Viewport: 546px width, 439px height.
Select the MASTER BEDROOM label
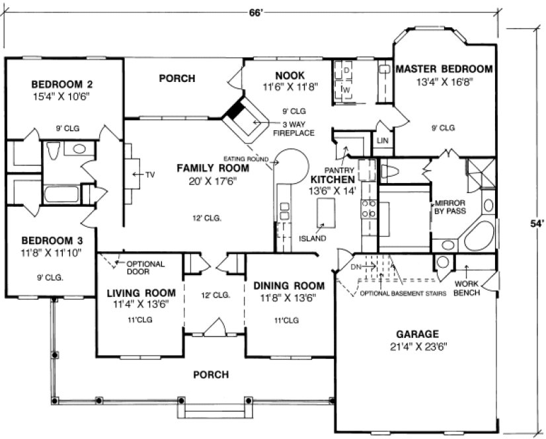(444, 69)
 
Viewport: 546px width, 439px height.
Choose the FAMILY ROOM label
(212, 169)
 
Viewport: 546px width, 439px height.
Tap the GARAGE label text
(418, 334)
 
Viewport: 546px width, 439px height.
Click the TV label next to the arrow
(150, 175)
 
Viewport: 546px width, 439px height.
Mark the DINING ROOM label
(289, 286)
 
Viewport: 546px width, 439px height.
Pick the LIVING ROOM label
(141, 293)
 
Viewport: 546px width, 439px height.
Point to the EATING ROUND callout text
(245, 159)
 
